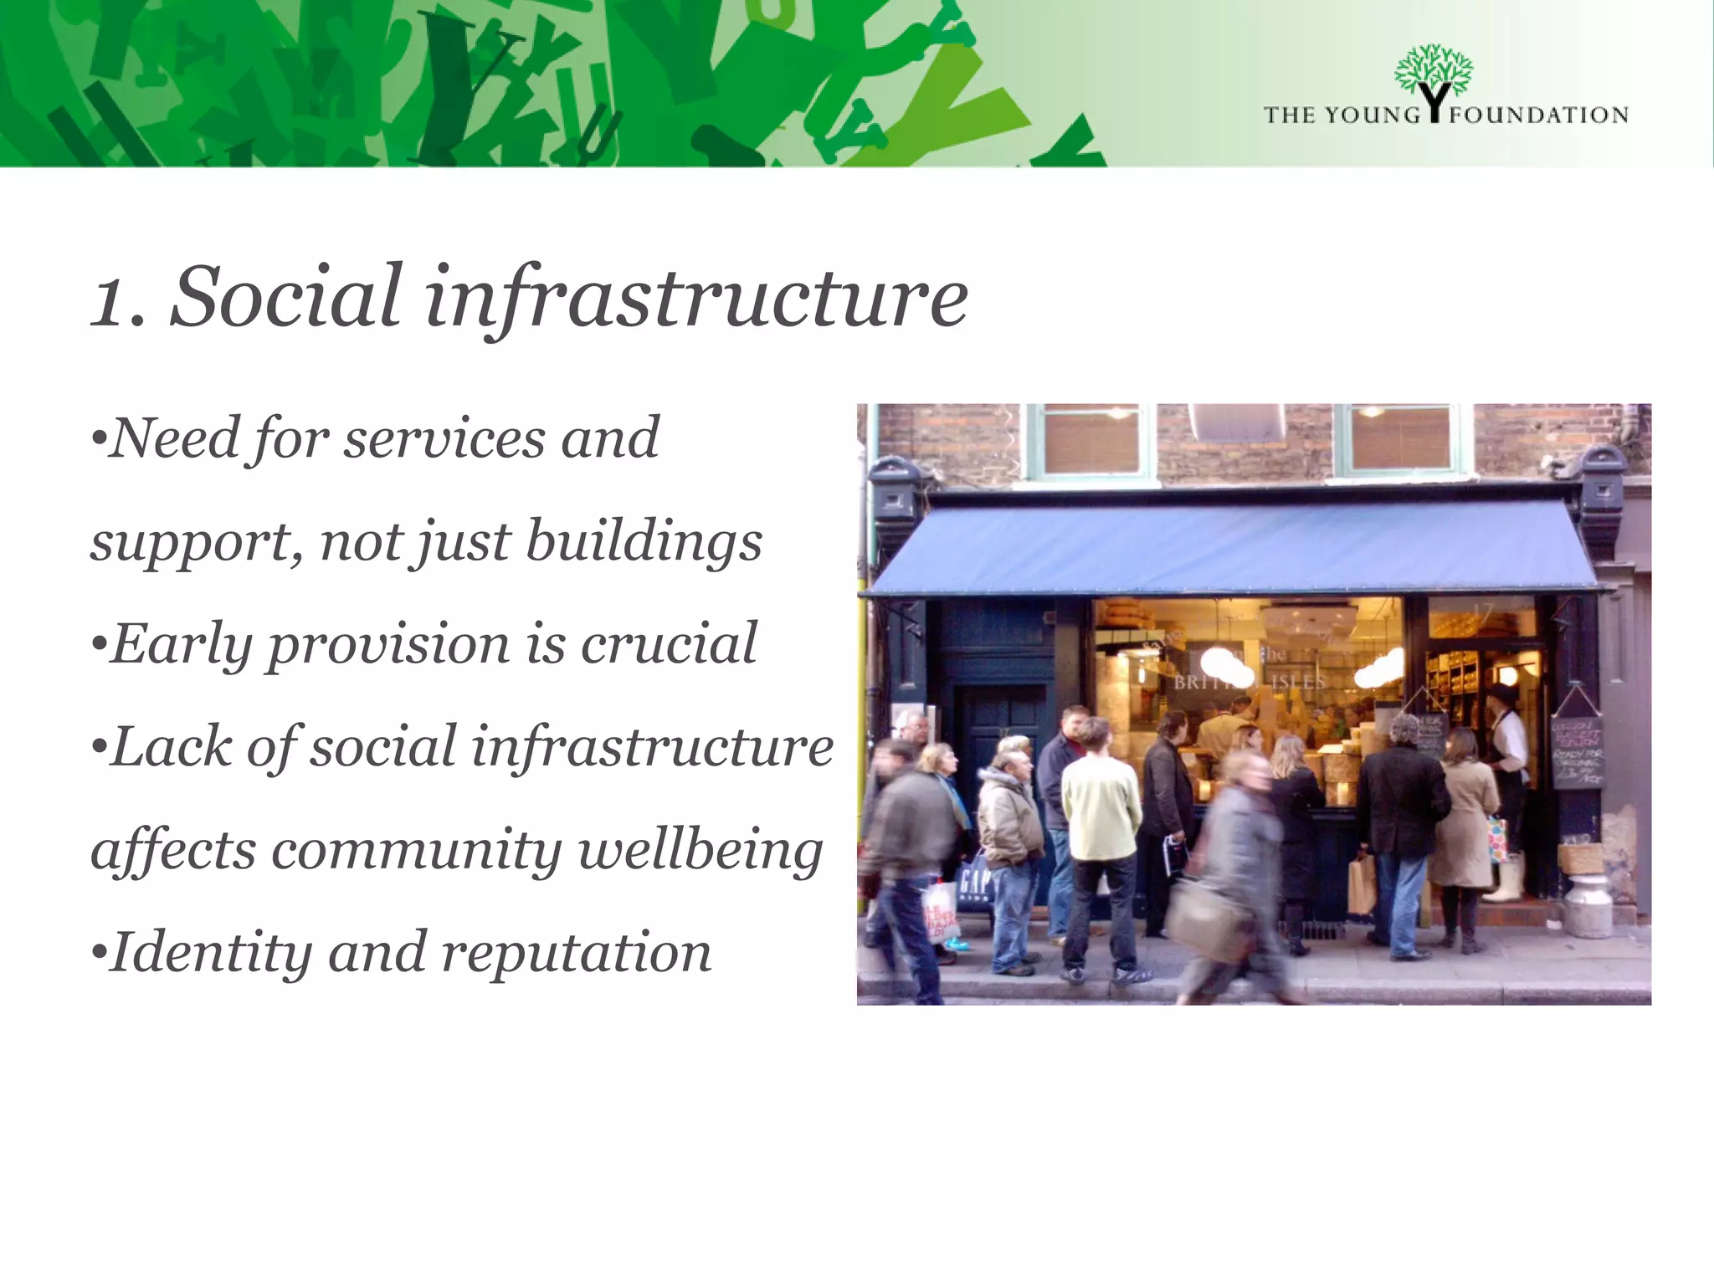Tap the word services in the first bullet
[x=444, y=438]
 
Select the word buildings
[x=644, y=541]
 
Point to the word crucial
[x=669, y=644]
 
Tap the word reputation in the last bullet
[x=577, y=953]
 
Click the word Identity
[x=210, y=953]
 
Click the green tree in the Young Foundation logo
[x=1433, y=71]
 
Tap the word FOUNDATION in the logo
[x=1538, y=115]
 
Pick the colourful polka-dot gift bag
[x=1497, y=840]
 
